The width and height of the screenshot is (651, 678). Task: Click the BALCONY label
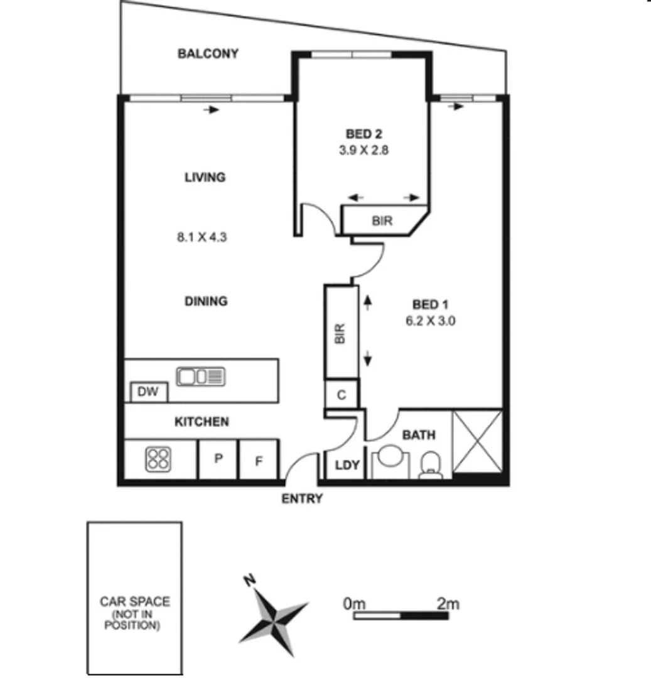point(208,53)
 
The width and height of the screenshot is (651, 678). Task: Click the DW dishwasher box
point(149,392)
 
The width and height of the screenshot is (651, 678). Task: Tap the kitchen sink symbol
point(201,377)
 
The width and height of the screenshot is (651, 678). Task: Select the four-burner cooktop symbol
point(158,460)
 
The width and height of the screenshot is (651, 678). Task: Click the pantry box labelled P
point(218,460)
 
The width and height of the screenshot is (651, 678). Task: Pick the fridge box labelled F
point(258,460)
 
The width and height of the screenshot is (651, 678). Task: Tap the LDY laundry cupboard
point(347,465)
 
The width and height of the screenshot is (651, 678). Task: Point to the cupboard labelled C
point(342,395)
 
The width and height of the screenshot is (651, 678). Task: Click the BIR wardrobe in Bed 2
point(383,221)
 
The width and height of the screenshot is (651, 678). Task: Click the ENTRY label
point(302,499)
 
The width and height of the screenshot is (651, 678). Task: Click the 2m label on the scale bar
point(448,604)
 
